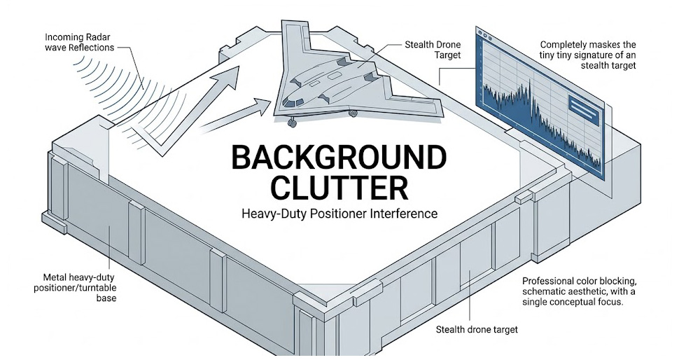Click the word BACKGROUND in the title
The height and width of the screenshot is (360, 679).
click(x=338, y=159)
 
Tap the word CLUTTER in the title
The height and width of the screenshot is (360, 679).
click(x=338, y=188)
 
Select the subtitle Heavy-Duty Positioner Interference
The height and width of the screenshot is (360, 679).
click(x=338, y=214)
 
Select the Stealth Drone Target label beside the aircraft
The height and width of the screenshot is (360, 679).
click(x=433, y=50)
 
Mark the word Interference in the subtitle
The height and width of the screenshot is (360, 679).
click(x=404, y=214)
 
